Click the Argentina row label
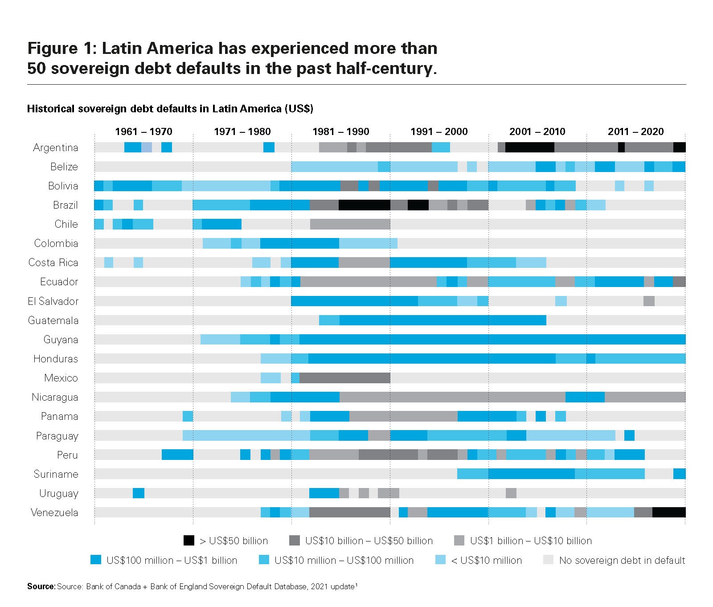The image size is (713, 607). pos(55,148)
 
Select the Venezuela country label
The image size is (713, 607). pos(54,513)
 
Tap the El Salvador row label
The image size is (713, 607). pos(53,301)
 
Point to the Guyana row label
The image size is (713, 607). pos(61,340)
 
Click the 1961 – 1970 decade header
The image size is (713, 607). pos(143,131)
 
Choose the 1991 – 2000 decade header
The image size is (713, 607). pos(439,131)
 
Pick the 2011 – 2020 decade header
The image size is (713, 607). pos(635,131)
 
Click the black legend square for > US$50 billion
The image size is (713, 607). pos(189,541)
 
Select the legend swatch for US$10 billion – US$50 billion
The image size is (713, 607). pos(295,541)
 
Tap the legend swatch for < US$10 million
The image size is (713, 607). pos(440,560)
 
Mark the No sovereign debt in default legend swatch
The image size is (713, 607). pos(548,560)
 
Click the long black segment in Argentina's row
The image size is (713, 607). pos(529,148)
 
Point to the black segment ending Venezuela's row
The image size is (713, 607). pos(668,513)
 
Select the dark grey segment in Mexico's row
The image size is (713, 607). pos(344,378)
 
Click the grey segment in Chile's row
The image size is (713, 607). pos(350,224)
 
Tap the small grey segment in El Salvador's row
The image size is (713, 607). pos(649,301)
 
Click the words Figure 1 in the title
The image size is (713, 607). pos(61,48)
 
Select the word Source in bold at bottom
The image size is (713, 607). pos(41,586)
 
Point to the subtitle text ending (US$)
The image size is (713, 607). pos(170,109)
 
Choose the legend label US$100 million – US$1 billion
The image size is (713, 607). pos(172,560)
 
